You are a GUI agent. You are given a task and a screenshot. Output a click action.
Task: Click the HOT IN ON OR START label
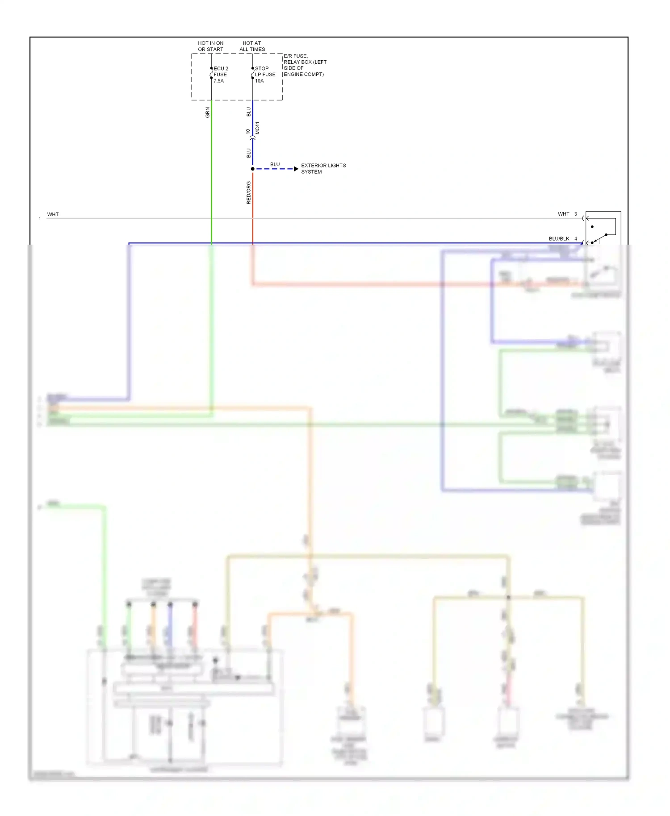coord(211,46)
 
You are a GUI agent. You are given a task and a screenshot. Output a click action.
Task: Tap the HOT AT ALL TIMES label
coord(252,46)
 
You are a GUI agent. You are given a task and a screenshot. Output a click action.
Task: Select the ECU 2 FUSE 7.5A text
coord(221,75)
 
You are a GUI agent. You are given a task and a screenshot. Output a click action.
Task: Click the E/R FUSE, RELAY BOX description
coord(305,65)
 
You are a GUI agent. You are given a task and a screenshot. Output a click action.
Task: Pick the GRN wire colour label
coord(207,112)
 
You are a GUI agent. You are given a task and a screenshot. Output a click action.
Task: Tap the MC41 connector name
coord(258,128)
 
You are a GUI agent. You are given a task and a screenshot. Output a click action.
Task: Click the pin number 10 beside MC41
coord(248,132)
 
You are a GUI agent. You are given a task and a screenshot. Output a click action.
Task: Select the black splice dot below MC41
coord(253,169)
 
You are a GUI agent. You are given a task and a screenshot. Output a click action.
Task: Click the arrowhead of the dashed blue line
coord(296,169)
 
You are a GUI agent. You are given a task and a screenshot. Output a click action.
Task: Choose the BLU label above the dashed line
coord(275,164)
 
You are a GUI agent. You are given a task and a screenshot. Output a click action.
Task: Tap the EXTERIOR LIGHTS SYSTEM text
coord(323,169)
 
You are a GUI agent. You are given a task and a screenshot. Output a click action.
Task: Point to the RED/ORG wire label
coord(249,192)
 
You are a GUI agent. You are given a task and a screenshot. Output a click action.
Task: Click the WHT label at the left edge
coord(53,214)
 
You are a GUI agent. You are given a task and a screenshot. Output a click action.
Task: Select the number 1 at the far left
coord(40,218)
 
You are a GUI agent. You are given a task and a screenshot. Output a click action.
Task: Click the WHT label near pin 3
coord(563,214)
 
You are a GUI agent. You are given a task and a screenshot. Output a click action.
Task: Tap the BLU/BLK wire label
coord(559,239)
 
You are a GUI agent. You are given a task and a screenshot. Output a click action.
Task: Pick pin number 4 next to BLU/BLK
coord(576,239)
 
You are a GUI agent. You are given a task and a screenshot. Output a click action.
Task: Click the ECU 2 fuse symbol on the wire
coord(211,73)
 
